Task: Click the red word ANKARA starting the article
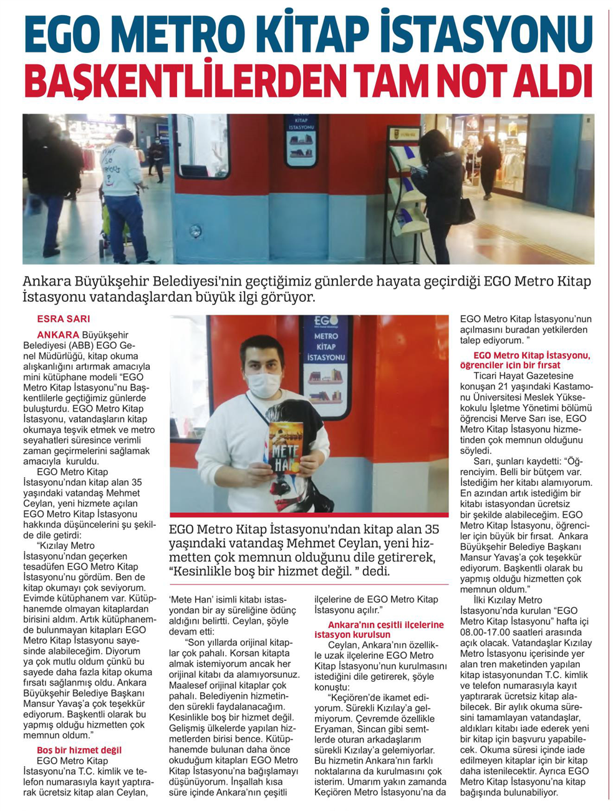pos(58,335)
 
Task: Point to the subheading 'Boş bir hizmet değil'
pos(79,750)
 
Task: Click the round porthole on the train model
pos(195,231)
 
